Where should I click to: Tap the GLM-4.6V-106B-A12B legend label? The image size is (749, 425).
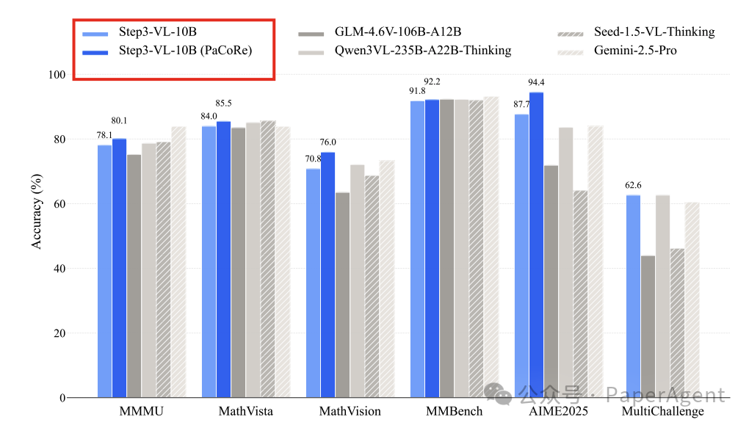[397, 32]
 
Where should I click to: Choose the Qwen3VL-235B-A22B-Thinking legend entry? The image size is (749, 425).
[422, 51]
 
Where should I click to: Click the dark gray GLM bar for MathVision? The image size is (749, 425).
[342, 294]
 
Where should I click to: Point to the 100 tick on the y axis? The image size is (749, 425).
[57, 75]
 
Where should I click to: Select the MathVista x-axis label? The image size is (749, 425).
[245, 411]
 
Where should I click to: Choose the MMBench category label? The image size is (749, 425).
[454, 411]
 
